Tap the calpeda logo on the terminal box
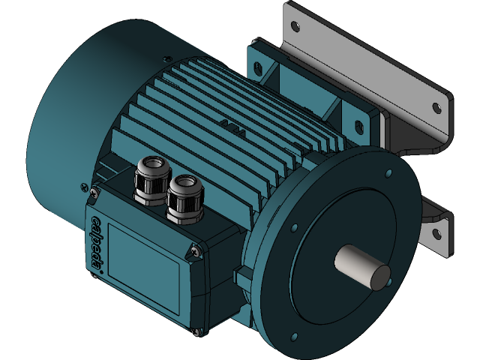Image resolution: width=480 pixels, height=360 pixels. pos(97,244)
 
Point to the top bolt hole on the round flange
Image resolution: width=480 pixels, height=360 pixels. pos(387,174)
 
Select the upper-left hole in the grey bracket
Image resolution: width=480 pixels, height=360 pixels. pos(295,26)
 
